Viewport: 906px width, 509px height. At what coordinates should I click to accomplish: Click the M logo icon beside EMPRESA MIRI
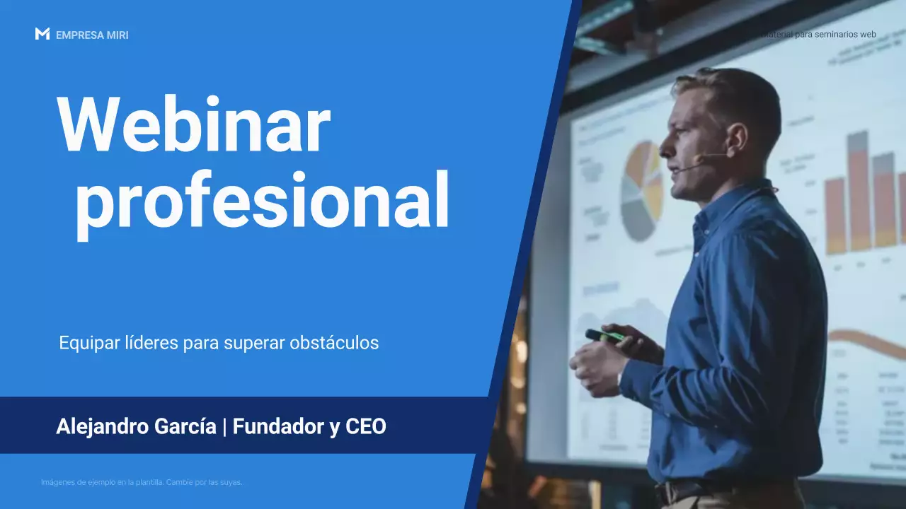(42, 34)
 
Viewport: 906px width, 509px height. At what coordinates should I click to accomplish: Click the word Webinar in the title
(193, 126)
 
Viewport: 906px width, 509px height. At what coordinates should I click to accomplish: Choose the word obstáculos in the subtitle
(334, 343)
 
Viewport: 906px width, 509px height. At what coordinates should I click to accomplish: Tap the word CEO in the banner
(366, 427)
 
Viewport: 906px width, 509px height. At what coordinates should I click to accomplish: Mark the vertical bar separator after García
(224, 427)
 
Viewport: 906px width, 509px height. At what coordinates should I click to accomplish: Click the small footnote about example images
(142, 482)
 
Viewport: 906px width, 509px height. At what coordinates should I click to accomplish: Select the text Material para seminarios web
(819, 34)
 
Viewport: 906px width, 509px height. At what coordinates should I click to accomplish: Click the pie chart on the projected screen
(641, 191)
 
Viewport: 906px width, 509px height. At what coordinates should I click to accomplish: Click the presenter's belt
(687, 491)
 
